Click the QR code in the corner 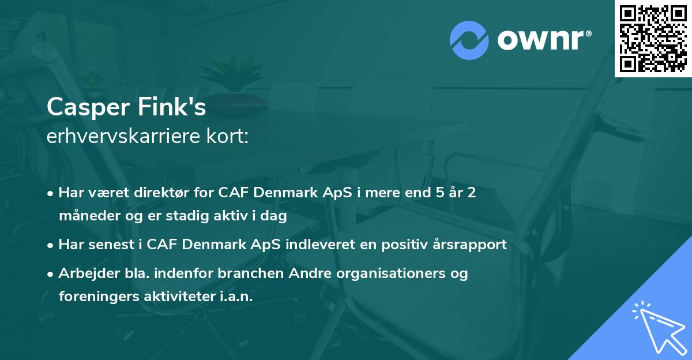tap(653, 38)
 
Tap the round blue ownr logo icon tap(469, 40)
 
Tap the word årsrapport tap(473, 245)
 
